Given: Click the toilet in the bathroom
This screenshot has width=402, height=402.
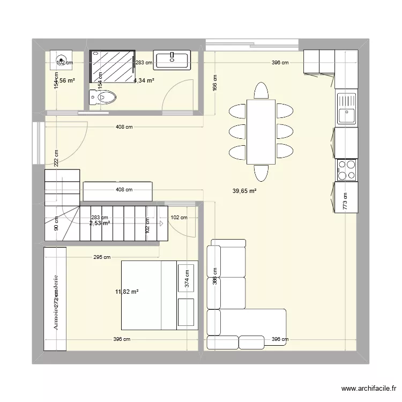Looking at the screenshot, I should tap(103, 98).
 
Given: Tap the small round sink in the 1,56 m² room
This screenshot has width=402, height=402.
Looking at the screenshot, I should tap(61, 59).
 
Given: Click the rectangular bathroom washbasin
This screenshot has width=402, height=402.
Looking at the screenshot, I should tap(172, 59).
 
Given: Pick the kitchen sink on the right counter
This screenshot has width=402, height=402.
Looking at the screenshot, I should tap(346, 108).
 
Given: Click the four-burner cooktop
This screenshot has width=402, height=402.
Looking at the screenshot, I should tap(346, 169).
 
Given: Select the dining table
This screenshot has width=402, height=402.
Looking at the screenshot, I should tap(261, 131).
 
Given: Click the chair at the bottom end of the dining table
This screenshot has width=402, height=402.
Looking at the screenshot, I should tap(261, 173).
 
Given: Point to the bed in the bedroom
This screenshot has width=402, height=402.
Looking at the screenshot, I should tap(159, 295).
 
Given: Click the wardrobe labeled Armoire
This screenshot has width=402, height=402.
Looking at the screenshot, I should tap(56, 299).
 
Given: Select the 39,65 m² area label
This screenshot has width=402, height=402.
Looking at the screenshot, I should tap(244, 190).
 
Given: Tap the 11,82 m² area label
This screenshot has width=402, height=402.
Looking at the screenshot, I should tap(127, 292).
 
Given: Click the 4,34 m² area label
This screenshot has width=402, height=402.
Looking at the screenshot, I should tap(144, 80).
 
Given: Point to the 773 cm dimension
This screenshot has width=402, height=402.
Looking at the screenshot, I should tap(346, 202).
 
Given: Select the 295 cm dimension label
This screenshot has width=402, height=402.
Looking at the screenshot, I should tap(102, 257).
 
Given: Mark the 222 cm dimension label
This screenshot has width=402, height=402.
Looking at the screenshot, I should tap(56, 157).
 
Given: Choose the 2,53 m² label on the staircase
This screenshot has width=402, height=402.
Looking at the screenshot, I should tap(100, 223).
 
